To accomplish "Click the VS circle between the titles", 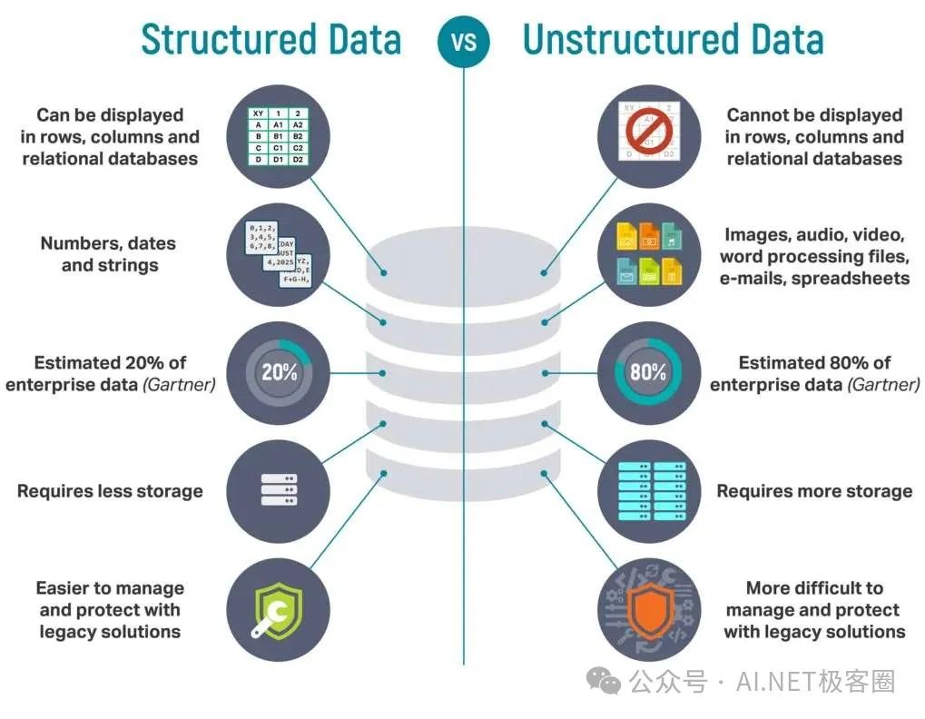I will pos(463,42).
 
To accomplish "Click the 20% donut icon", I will pos(279,372).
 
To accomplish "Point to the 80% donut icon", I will pos(649,372).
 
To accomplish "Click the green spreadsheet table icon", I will pos(279,136).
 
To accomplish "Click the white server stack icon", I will pos(279,490).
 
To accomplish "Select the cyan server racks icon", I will pos(649,490).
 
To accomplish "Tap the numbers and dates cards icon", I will pos(279,254).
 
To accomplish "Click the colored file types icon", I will pos(649,254).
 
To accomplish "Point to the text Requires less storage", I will pos(110,491).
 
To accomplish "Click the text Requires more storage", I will pos(814,491).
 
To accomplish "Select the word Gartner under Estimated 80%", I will pos(882,385).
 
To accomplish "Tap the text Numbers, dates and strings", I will pos(109,254).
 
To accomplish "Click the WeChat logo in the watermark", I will pos(603,680).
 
